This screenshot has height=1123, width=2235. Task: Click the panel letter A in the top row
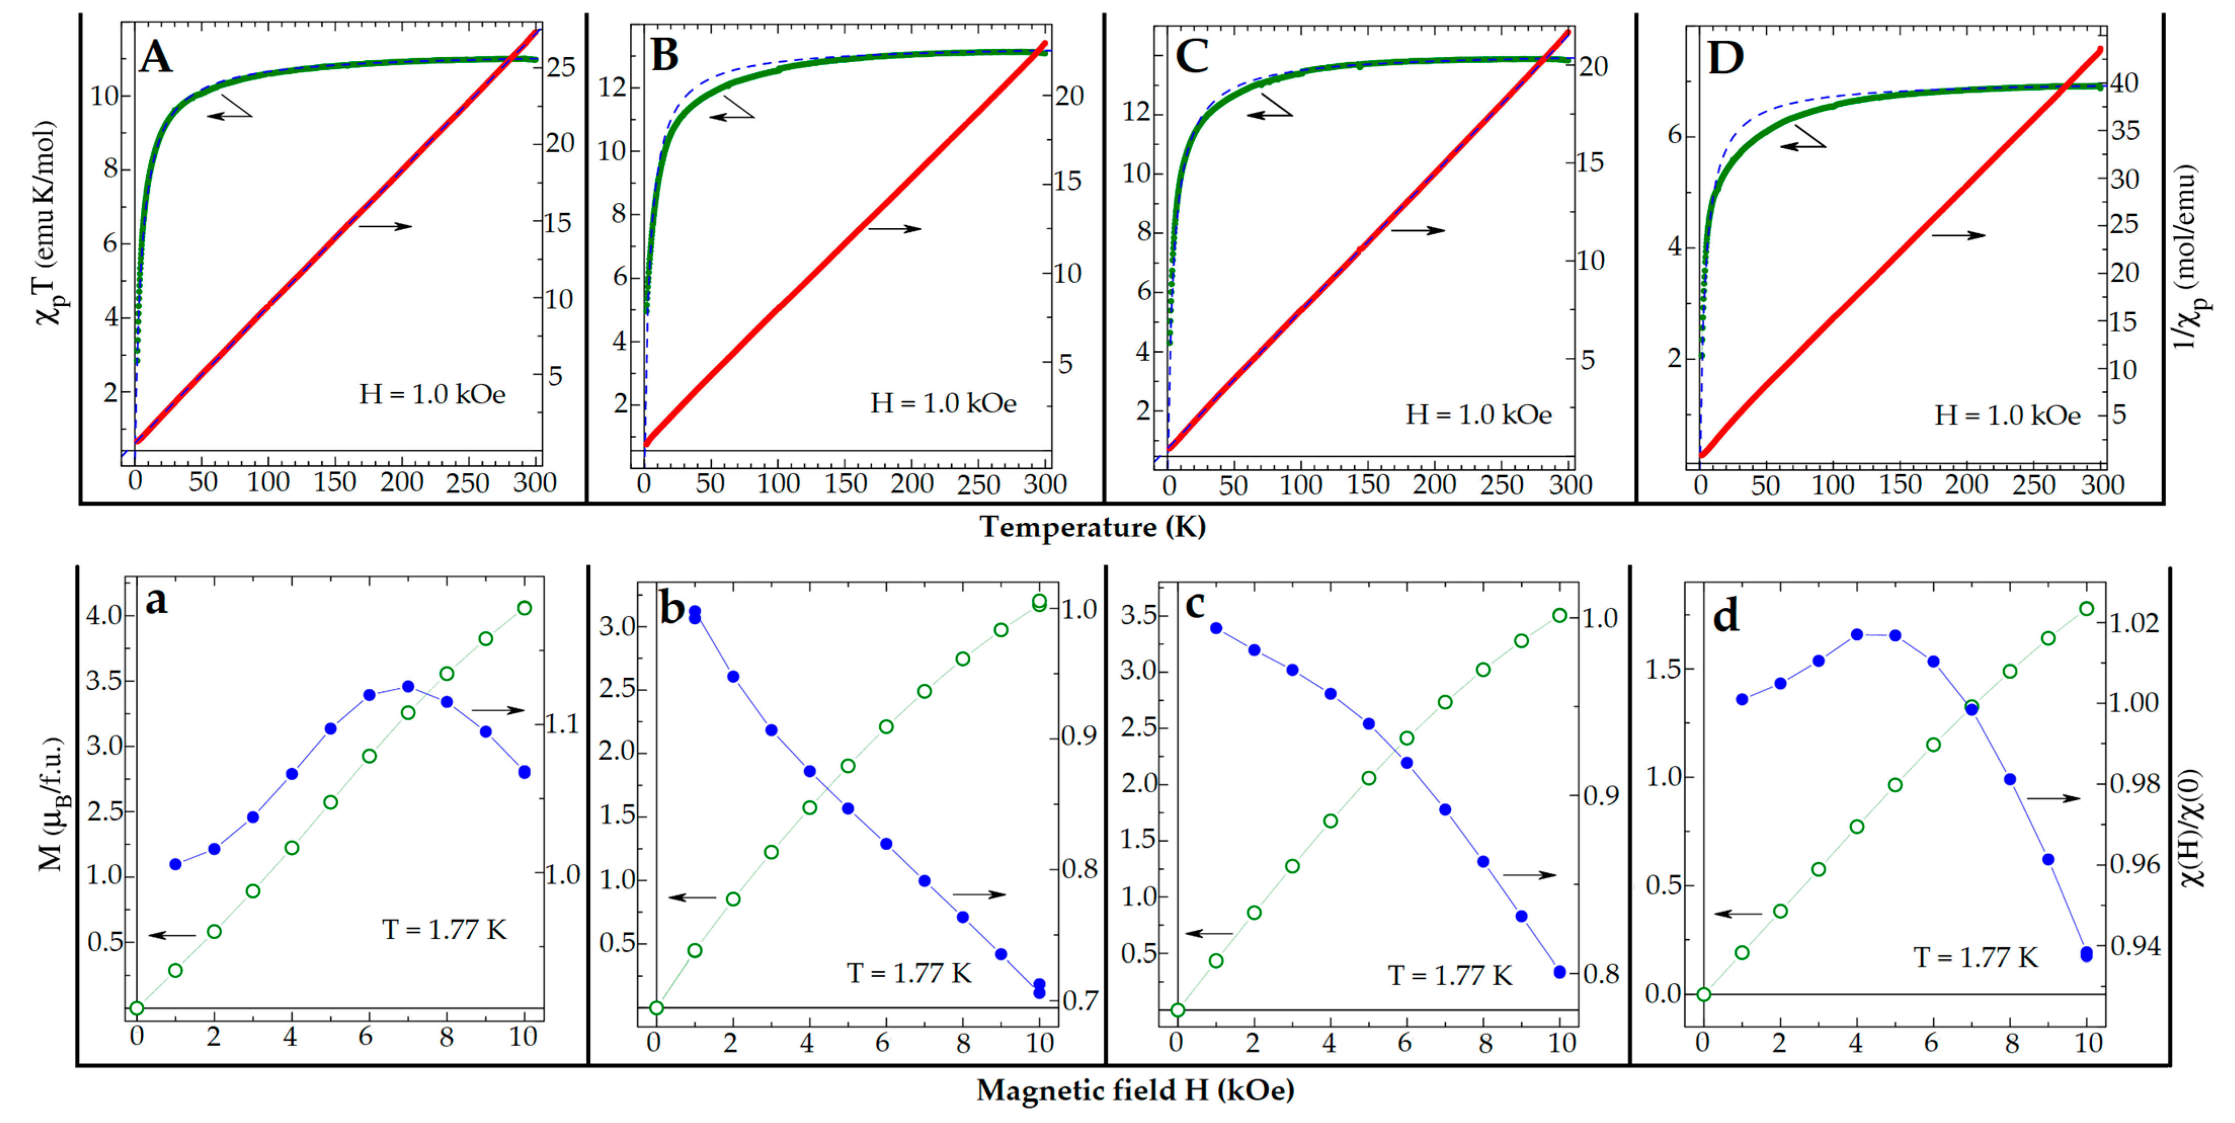156,57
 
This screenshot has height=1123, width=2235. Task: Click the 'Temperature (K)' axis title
1092,526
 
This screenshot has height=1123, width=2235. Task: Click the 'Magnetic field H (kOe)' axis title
1135,1090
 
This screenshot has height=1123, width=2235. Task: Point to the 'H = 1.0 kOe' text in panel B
943,403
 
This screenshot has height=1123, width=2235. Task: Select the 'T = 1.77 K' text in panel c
1450,976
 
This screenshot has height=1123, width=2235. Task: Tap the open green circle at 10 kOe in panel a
524,608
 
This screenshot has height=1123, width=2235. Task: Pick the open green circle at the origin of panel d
1703,994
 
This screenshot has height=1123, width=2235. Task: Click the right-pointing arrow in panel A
385,226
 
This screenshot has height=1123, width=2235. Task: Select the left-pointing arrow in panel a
172,935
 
